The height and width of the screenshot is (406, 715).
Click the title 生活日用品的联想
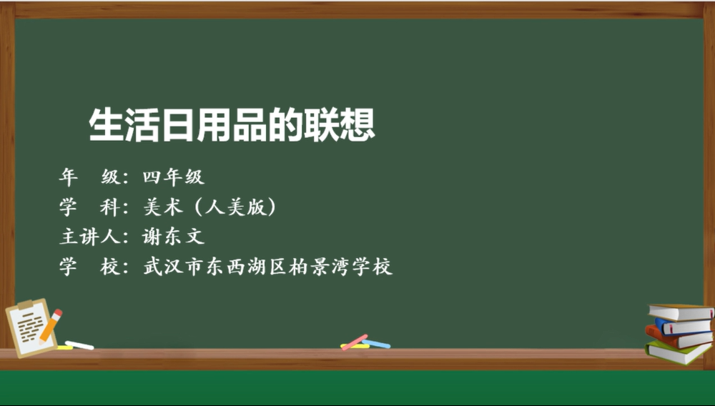point(232,124)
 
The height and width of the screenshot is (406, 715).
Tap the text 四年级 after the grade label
point(173,177)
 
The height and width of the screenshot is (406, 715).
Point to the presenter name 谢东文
point(173,237)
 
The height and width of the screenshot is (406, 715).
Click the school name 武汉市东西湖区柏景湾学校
point(267,267)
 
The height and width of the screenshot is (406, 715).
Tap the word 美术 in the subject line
point(163,207)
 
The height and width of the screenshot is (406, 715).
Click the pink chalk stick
point(355,342)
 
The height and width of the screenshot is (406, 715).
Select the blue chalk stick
point(377,344)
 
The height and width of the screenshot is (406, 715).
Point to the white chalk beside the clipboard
point(79,345)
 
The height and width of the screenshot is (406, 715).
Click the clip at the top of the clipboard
point(25,304)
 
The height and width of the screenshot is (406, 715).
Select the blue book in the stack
point(683,327)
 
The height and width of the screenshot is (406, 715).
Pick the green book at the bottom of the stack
point(678,352)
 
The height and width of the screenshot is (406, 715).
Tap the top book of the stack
point(681,312)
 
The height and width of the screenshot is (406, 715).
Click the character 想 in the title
point(357,124)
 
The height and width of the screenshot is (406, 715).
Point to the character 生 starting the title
point(106,124)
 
